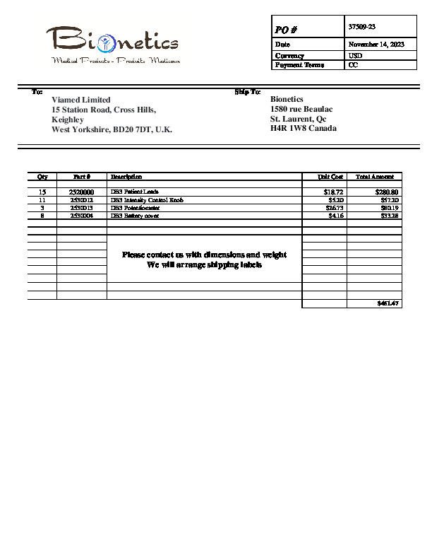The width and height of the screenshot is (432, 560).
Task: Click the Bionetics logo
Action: [x=113, y=45]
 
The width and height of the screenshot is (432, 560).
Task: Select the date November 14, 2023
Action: [x=376, y=45]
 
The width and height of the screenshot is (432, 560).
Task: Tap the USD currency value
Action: [x=356, y=55]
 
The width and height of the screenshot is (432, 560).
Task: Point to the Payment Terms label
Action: [x=299, y=65]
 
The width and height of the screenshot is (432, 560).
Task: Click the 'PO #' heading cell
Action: [x=285, y=29]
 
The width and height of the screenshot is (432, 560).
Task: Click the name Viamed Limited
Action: [x=81, y=100]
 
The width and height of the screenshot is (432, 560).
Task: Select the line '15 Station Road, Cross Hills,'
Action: [x=104, y=110]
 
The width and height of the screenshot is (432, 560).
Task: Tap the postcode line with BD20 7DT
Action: [x=112, y=130]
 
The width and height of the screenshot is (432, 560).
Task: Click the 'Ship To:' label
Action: [x=248, y=92]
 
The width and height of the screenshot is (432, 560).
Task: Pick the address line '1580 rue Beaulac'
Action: [x=301, y=110]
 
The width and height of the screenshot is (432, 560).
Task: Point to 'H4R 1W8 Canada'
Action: [x=304, y=129]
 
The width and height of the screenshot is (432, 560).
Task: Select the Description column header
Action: [x=126, y=176]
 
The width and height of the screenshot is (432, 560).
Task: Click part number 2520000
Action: [x=81, y=192]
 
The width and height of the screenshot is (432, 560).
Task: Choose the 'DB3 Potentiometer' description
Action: [x=135, y=208]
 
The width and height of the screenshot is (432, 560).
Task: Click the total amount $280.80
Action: [x=387, y=192]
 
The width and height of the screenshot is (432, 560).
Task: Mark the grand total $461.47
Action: [x=388, y=303]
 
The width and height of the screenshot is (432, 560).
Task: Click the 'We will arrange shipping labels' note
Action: [x=204, y=265]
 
